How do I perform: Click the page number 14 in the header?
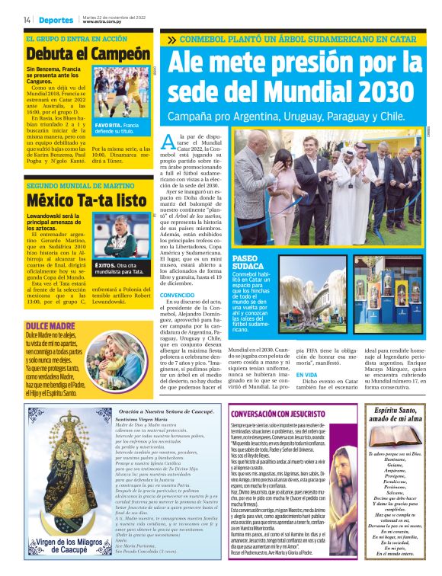pyautogui.click(x=27, y=20)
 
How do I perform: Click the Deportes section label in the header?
pyautogui.click(x=57, y=20)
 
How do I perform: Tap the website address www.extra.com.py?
pyautogui.click(x=103, y=22)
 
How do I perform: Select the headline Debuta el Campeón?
pyautogui.click(x=88, y=54)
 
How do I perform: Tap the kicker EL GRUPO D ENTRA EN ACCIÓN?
pyautogui.click(x=76, y=38)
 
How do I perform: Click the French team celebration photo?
pyautogui.click(x=121, y=92)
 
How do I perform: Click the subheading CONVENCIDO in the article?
pyautogui.click(x=177, y=295)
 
